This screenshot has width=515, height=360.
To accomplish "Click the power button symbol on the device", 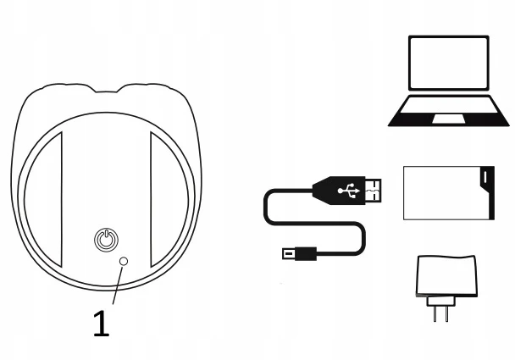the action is point(107,240).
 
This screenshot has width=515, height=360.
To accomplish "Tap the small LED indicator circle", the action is point(124,261).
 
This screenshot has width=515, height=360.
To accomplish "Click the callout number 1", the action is point(101,324).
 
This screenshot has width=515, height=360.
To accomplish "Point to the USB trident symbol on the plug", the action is point(349,191).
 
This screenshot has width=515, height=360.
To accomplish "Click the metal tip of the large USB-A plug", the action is point(374,191).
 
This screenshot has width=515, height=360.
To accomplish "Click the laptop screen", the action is point(449,63).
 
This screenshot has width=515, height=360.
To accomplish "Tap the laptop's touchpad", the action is point(449,119).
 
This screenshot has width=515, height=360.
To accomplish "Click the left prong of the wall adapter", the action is point(435,313).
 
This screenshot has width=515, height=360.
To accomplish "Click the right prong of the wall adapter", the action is point(446,313).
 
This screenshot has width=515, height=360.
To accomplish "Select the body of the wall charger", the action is point(446,276).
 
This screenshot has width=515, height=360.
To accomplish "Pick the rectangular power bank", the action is point(449,193).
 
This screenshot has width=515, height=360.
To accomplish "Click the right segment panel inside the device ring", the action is point(169,199).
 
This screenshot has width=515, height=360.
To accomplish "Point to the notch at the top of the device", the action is point(107,89).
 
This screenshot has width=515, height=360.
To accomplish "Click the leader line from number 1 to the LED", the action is point(118,285).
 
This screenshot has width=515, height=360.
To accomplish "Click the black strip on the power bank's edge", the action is point(487,193).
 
